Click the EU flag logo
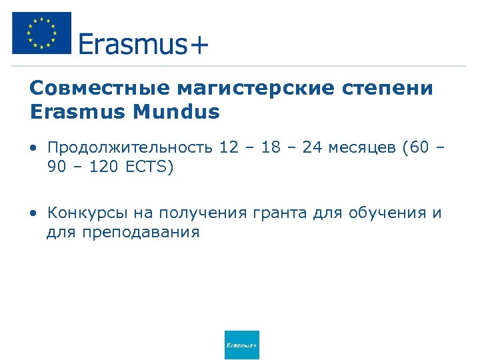41,33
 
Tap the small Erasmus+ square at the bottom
241,345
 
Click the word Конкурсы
83,213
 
